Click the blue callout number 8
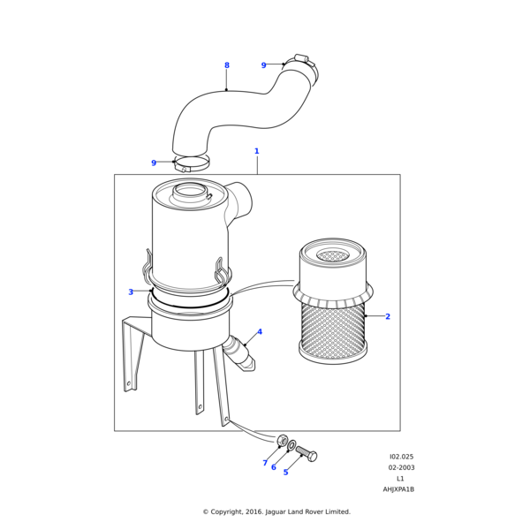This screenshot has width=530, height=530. (227, 65)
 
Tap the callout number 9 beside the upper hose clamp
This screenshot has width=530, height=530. (263, 65)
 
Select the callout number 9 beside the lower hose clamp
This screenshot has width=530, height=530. (154, 163)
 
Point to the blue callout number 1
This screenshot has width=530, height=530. (256, 151)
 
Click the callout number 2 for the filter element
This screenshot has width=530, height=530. (388, 316)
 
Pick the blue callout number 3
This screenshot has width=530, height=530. (131, 291)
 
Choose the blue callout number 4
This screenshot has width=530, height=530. (260, 331)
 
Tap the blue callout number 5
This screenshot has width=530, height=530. (285, 473)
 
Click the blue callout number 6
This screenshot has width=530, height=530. (274, 467)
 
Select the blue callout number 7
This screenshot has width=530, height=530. (265, 463)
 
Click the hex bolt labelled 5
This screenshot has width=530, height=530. (307, 454)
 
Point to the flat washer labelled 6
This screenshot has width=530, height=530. (292, 445)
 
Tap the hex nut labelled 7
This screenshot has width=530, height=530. (282, 441)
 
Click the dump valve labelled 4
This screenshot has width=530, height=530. (239, 354)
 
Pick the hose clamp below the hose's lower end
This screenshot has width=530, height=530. (191, 163)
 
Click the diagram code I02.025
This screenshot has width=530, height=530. (401, 457)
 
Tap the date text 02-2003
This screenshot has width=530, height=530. (401, 467)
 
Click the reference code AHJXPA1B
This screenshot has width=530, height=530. (398, 489)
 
